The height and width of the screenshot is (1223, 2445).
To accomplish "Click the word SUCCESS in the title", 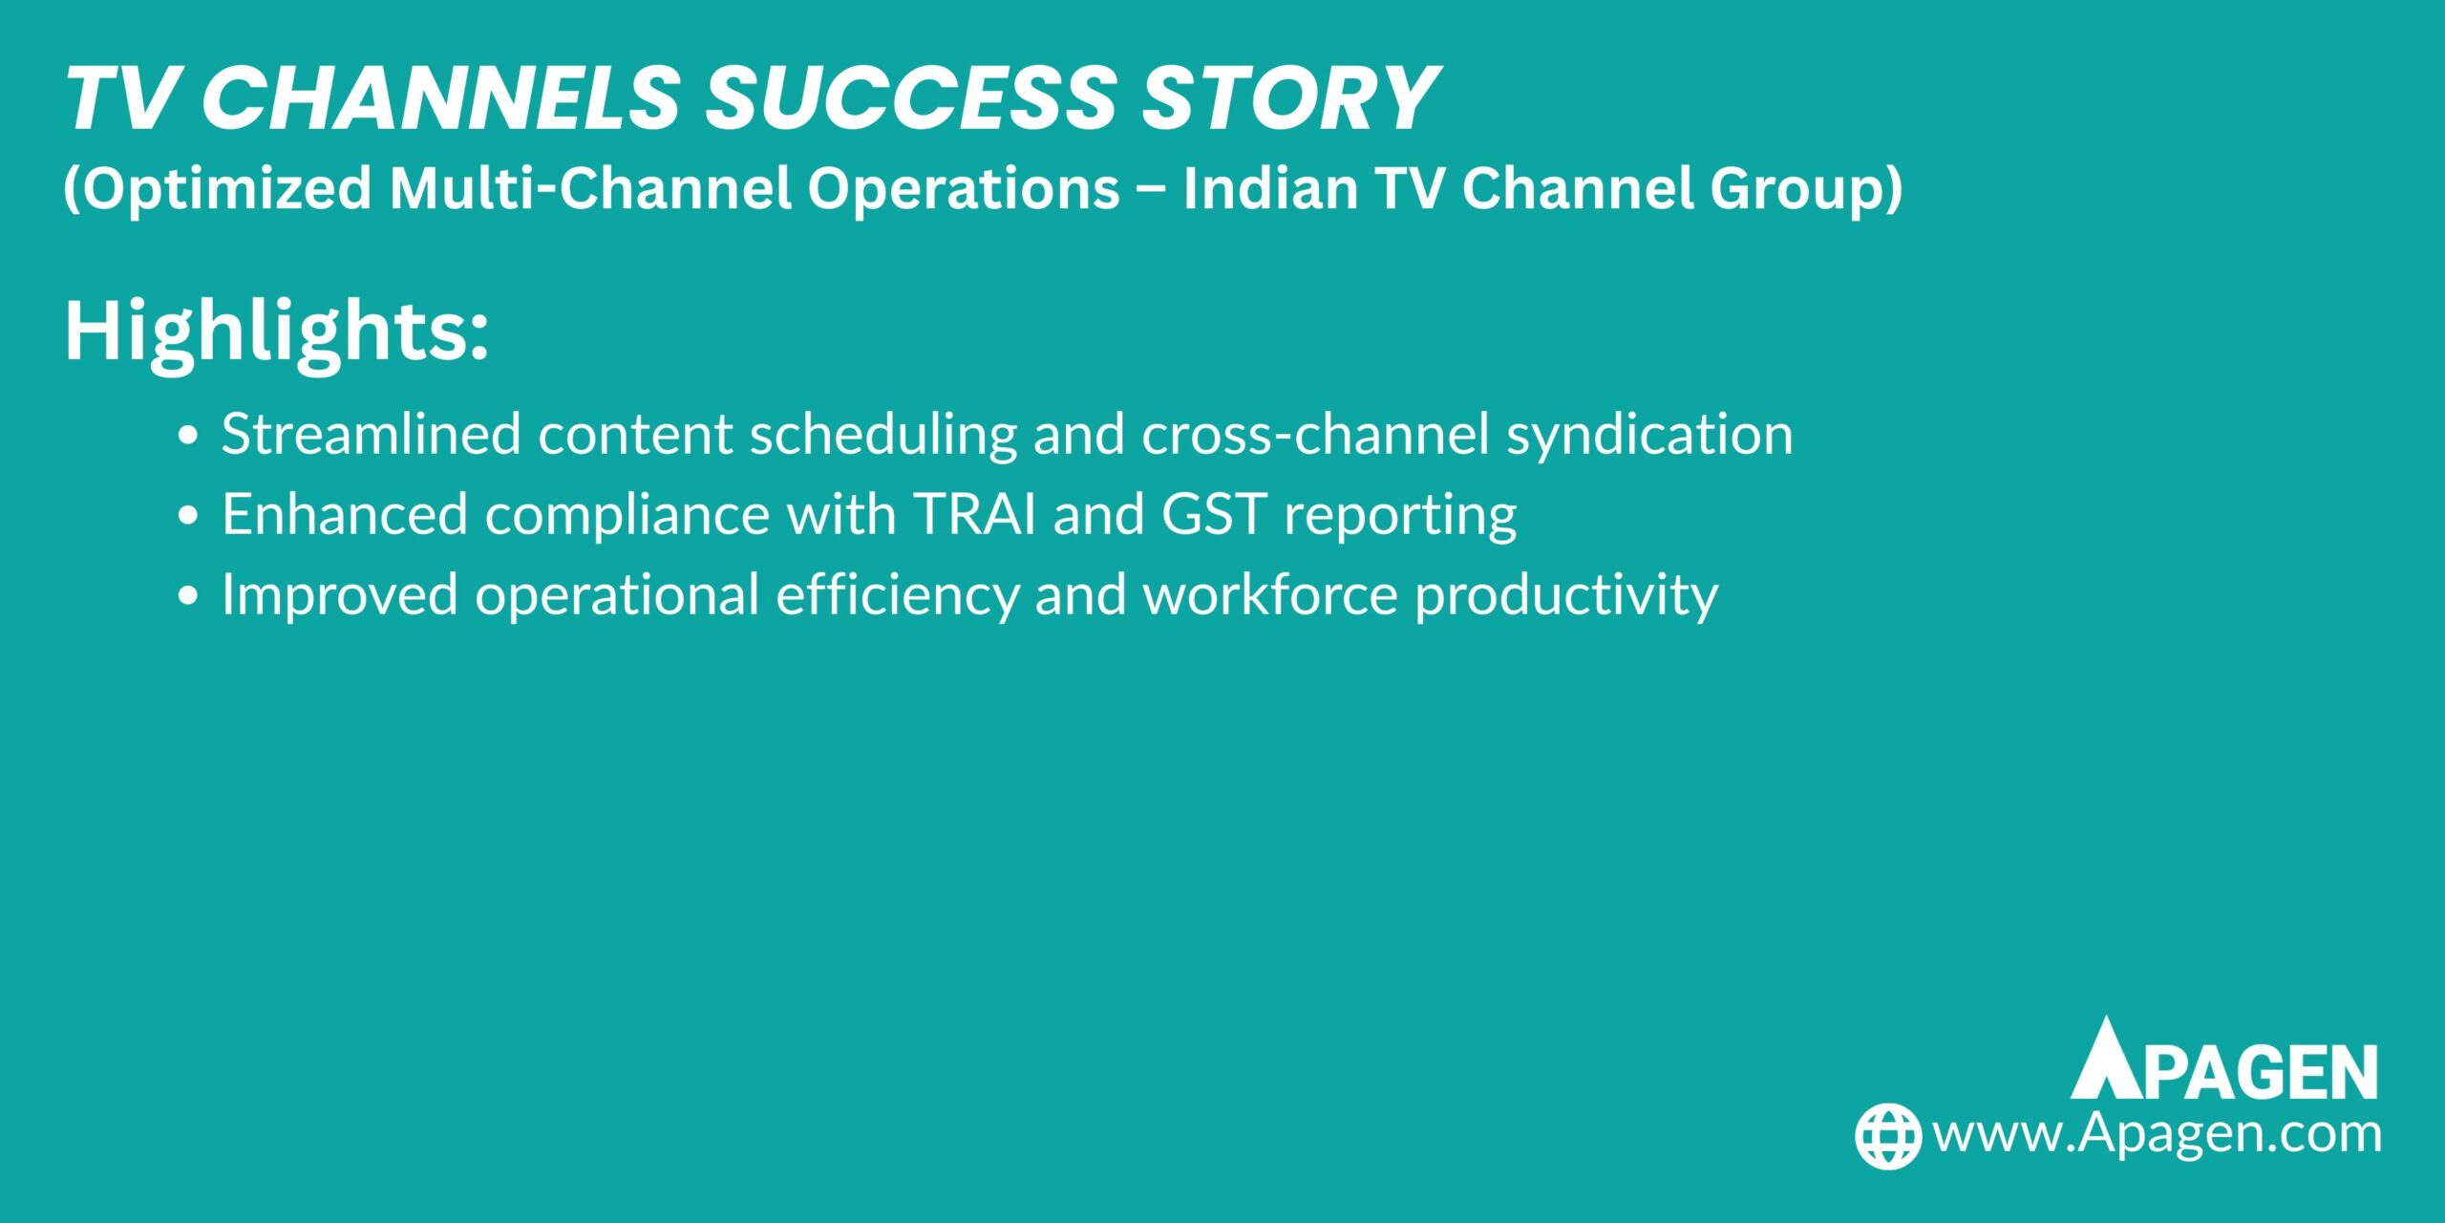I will coord(910,98).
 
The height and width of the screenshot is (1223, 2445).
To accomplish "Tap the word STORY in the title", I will coord(1289,98).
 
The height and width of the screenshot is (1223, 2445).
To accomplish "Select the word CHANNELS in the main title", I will coord(440,98).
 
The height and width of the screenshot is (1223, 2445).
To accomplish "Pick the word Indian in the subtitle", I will coord(1270,188).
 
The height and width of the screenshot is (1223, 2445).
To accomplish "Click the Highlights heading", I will coord(276,333).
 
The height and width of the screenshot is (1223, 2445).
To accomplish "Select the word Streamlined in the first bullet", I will coord(371,435).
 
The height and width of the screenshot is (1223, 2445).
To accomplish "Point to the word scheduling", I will coord(883,435).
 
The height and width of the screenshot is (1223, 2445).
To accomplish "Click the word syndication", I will coord(1649,435).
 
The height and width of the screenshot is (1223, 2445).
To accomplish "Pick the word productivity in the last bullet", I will coord(1566,595).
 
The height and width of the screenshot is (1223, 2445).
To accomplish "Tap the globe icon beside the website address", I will coord(1887,1136).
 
